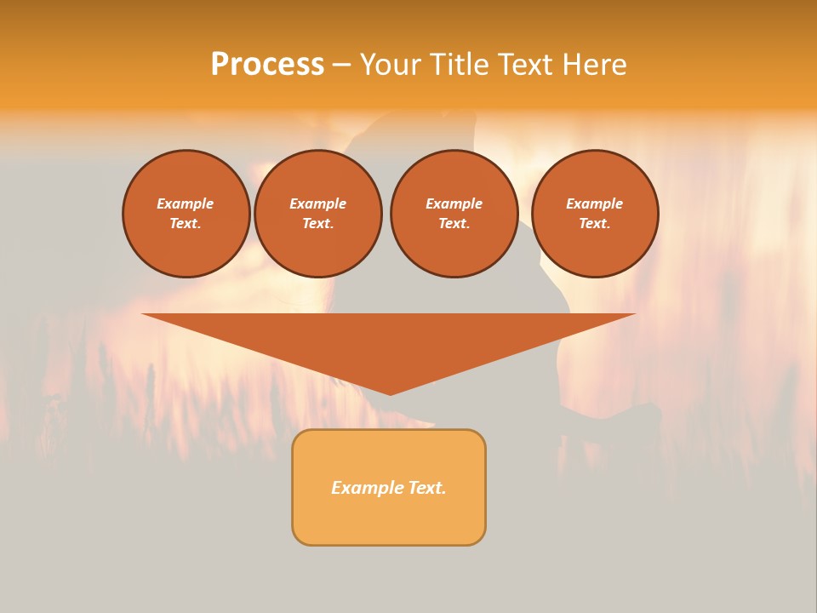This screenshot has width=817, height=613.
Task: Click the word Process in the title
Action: point(267,65)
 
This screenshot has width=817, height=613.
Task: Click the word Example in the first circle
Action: point(186,203)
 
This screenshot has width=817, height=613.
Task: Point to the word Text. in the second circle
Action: point(317,223)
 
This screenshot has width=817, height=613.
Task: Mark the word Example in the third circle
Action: point(454,203)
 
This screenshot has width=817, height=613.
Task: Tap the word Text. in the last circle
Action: point(594,223)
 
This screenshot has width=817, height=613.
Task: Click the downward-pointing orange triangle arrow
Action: point(389,341)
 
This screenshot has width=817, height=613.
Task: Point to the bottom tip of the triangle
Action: point(390,392)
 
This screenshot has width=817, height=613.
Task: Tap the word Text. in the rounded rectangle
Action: point(427,488)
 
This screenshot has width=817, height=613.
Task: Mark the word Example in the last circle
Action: point(594,203)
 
